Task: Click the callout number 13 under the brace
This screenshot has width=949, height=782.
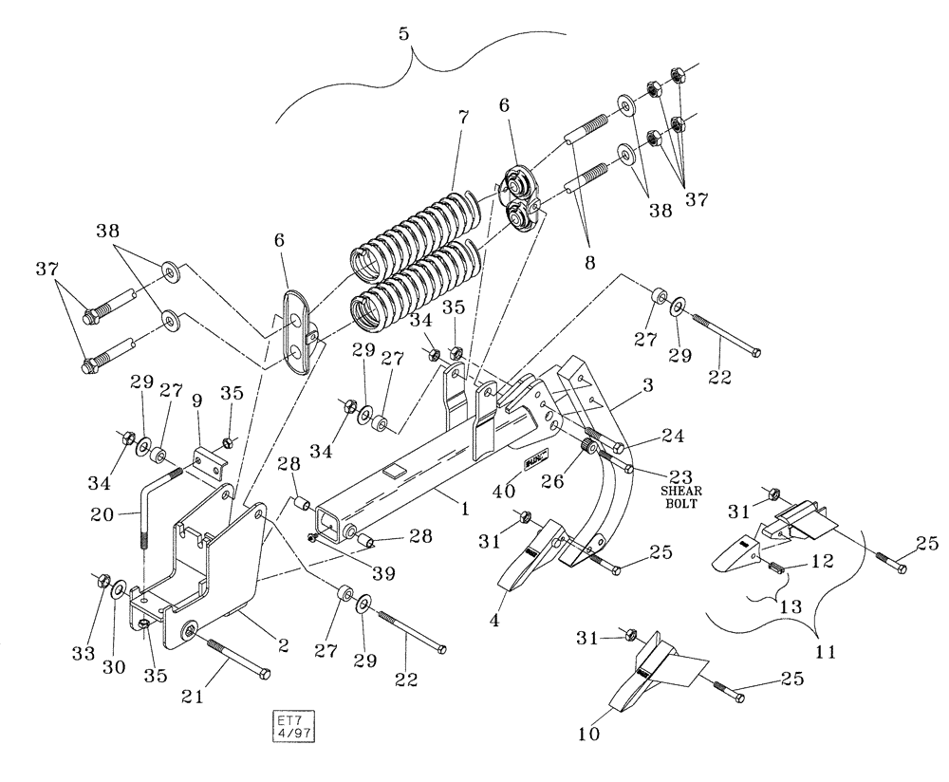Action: [788, 605]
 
